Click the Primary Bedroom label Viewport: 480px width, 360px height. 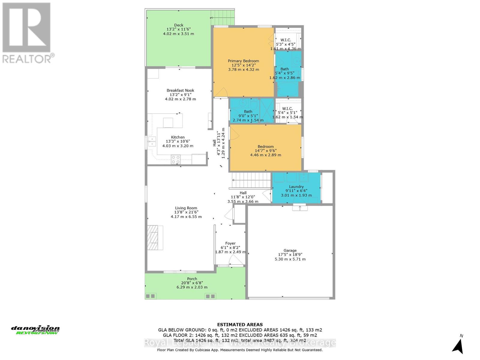click(243, 61)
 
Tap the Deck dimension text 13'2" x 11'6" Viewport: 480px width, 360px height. click(178, 29)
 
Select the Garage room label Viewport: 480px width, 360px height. click(290, 250)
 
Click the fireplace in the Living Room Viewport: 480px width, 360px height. click(155, 237)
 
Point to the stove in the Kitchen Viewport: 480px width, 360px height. click(175, 160)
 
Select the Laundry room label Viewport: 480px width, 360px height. click(296, 187)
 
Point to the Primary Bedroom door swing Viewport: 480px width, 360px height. click(221, 93)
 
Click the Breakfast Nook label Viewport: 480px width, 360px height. click(180, 90)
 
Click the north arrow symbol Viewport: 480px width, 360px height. click(458, 346)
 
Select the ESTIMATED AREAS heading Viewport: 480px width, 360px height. click(240, 325)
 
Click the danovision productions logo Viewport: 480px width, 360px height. click(35, 330)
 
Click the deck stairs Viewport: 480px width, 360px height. click(222, 17)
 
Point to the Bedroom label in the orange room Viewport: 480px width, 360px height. click(265, 147)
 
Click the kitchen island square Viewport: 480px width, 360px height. click(168, 123)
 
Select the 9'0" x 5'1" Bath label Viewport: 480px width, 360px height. click(248, 112)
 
